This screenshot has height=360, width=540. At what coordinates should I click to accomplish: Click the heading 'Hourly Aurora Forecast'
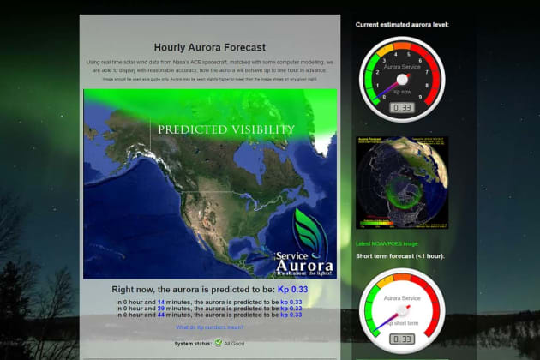[209, 48]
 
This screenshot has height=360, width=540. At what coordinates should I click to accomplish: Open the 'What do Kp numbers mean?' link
[209, 327]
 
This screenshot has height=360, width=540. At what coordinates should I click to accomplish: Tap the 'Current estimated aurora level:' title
[402, 25]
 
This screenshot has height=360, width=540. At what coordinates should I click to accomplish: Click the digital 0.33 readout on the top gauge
[402, 108]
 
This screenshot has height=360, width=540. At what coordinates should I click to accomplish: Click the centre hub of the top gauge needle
[402, 79]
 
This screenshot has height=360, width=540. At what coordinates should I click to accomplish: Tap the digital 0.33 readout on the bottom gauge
[402, 339]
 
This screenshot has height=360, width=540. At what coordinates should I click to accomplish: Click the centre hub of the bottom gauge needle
[402, 309]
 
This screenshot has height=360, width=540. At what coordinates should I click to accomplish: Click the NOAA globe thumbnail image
[402, 183]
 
